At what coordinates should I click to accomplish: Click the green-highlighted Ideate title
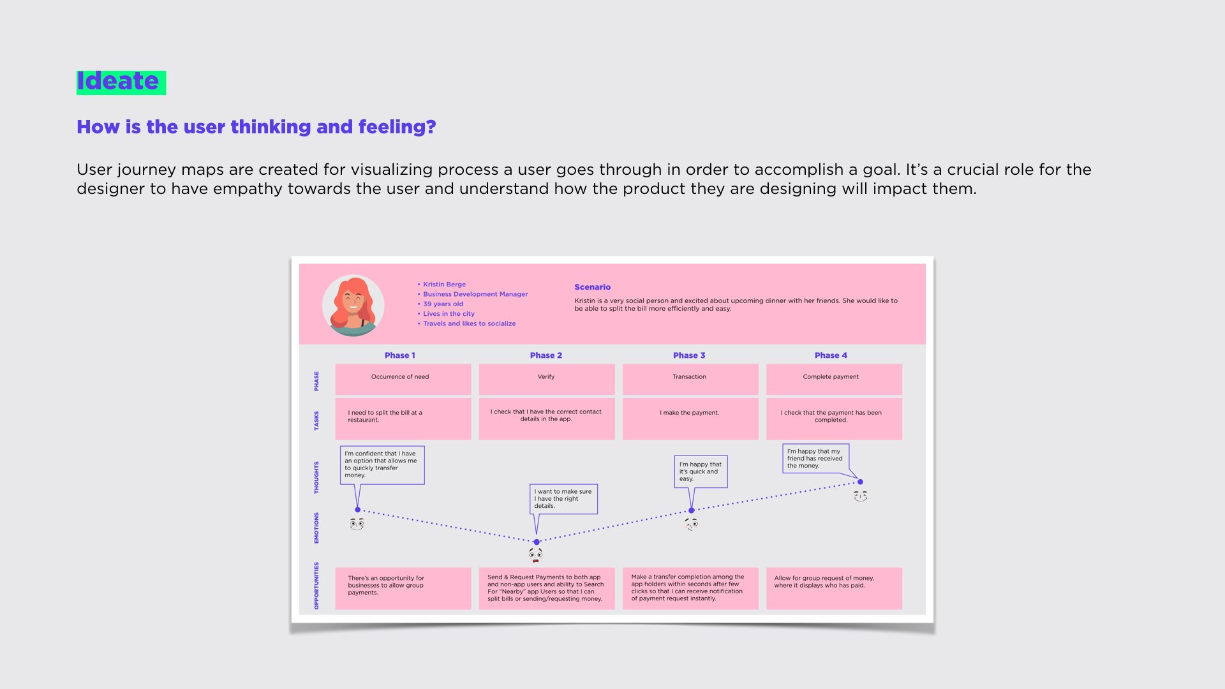click(121, 82)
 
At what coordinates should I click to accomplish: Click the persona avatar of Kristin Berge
click(353, 306)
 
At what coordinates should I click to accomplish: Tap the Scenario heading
click(592, 287)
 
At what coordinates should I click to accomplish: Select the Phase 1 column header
click(400, 355)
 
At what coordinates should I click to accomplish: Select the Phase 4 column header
click(831, 355)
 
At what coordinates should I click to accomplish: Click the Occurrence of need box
click(403, 379)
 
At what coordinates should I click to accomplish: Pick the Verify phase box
click(546, 379)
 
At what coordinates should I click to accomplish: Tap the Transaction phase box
click(690, 379)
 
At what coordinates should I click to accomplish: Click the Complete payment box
click(833, 379)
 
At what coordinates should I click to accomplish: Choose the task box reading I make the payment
click(690, 419)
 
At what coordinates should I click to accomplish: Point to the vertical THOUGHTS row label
click(316, 478)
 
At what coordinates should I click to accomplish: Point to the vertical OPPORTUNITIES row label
click(316, 586)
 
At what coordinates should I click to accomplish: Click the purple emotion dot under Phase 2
click(537, 542)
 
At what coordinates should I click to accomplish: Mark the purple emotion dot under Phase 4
click(860, 482)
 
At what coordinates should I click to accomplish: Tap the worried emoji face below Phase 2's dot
click(536, 555)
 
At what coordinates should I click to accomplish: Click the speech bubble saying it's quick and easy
click(701, 471)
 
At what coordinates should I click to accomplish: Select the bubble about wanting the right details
click(563, 499)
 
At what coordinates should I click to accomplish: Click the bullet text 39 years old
click(443, 304)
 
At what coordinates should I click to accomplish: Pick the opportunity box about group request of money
click(833, 588)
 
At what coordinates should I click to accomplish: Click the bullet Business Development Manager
click(475, 294)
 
